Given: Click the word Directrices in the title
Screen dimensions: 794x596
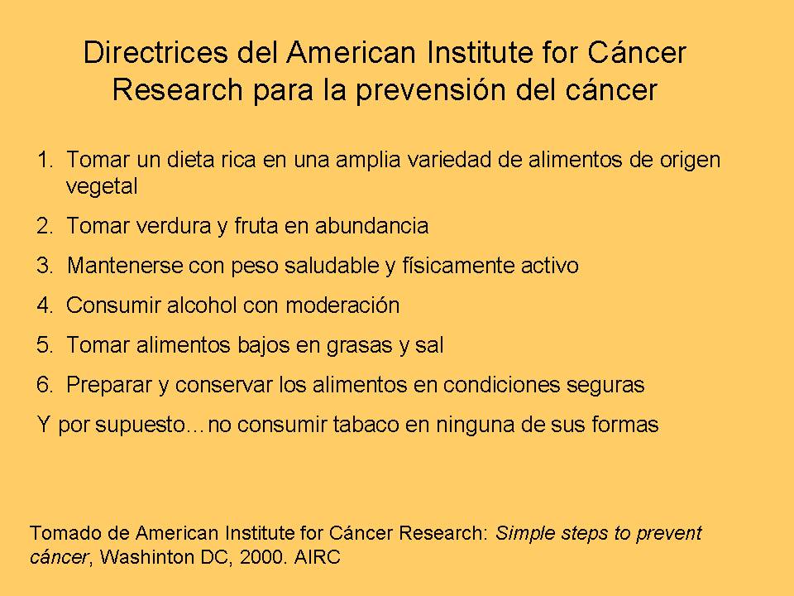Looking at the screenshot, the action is click(155, 52).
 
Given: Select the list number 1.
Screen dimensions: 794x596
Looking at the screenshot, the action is click(45, 160).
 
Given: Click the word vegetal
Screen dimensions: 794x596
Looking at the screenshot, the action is click(102, 187).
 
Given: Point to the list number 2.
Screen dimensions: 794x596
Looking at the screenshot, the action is click(45, 225).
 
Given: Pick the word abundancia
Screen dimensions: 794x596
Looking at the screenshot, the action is click(371, 225).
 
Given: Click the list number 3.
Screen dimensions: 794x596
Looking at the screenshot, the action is click(45, 266).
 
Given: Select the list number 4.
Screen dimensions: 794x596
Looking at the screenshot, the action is click(45, 305).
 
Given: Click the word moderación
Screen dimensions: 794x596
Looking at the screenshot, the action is click(342, 305).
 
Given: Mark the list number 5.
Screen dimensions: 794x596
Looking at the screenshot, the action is click(45, 345).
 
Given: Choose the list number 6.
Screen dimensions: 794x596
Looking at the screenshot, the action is click(45, 385).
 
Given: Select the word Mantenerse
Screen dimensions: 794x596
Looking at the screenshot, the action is click(125, 266).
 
